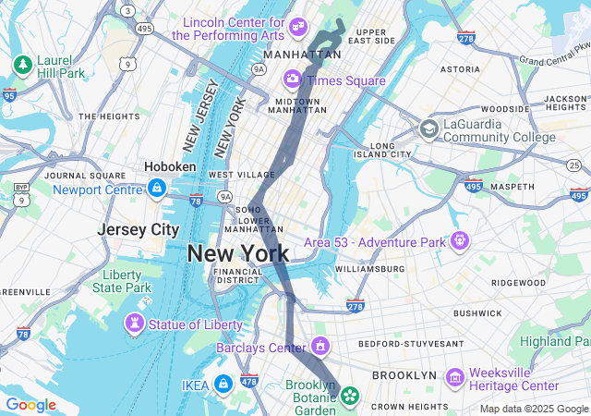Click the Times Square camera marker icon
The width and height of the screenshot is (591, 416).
293,79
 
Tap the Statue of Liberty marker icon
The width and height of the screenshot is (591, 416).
135,324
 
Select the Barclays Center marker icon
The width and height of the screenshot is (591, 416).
320,348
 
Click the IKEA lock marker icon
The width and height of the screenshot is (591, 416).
223,384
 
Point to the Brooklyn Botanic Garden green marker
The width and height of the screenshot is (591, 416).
350,397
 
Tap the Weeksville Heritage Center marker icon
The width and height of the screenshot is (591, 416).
453,378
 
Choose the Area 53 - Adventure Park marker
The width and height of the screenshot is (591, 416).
459,241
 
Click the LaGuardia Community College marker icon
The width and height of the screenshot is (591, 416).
428,128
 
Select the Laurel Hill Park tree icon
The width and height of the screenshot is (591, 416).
23,65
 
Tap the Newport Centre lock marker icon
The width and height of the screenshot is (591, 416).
156,190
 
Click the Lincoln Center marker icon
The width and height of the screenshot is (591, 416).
297,26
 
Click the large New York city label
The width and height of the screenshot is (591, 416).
238,253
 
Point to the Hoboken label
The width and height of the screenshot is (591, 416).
170,166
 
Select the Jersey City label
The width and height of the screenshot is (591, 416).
139,229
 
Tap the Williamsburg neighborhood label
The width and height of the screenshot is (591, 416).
369,269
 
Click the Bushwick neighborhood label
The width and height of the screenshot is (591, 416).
477,313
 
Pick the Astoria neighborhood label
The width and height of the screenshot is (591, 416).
460,69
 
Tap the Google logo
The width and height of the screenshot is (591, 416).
30,405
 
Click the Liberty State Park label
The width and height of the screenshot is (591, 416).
122,281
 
